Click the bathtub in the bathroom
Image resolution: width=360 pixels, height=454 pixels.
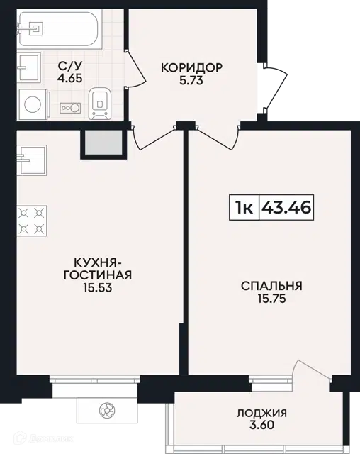(x=60, y=28)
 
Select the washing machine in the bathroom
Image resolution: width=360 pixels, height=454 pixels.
(x=33, y=104)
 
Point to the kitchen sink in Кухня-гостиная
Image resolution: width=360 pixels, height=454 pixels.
(x=31, y=160)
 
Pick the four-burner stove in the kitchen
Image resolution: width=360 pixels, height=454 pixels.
(x=31, y=221)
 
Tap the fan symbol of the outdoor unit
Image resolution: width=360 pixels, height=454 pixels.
(x=107, y=410)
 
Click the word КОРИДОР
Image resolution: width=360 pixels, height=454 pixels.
(x=192, y=67)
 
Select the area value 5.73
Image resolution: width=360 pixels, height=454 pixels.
(x=191, y=80)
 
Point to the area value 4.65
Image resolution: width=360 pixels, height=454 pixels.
(x=70, y=78)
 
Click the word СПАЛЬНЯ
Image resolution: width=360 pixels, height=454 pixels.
(x=272, y=286)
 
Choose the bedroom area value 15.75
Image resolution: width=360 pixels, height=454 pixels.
(x=272, y=299)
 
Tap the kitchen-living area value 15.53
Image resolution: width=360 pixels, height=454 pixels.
(x=98, y=287)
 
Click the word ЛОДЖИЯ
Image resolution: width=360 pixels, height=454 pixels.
(x=262, y=413)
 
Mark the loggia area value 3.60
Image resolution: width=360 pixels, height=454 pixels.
(x=261, y=425)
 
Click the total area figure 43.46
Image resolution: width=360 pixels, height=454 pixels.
(x=286, y=207)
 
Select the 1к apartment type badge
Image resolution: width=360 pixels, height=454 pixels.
(x=244, y=207)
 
